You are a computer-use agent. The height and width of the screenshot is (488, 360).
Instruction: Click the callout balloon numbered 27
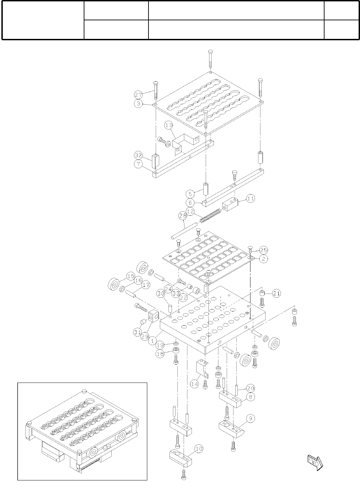138,94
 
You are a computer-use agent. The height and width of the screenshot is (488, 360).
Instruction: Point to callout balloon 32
138,155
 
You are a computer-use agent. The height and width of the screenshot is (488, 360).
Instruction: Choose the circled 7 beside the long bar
138,164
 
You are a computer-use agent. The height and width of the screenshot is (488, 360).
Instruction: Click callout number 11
250,199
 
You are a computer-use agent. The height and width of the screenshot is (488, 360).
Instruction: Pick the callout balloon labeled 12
191,211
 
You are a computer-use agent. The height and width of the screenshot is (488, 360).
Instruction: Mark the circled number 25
264,250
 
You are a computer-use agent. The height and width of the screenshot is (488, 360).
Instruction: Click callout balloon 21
277,293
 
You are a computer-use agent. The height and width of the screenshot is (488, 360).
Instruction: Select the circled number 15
130,276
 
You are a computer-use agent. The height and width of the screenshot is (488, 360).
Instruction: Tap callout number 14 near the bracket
195,383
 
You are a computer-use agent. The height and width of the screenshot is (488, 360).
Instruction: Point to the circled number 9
250,418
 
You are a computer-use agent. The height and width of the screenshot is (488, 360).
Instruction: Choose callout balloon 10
199,449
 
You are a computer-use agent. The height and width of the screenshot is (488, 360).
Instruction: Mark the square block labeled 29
154,316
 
